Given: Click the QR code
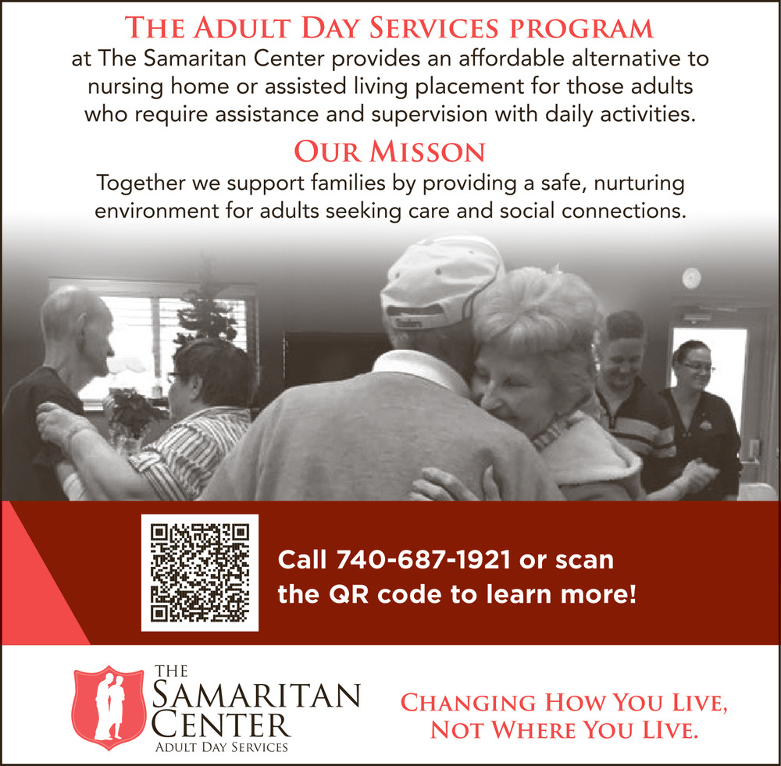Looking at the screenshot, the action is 200,572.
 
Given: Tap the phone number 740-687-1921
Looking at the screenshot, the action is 423,560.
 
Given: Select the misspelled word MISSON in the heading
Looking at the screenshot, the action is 427,151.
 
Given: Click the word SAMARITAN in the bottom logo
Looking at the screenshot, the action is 256,696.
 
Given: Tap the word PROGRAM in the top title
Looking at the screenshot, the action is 581,28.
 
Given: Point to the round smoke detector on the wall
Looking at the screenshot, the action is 691,278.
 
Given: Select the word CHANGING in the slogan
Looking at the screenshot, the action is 468,703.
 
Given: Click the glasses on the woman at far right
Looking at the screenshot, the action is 699,367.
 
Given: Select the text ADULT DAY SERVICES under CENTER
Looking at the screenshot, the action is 222,747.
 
